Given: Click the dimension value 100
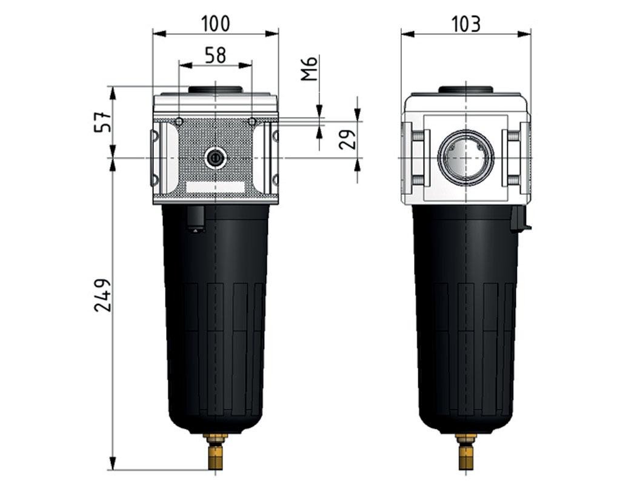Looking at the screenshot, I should pyautogui.click(x=216, y=24).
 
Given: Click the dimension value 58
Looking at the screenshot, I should pyautogui.click(x=215, y=55).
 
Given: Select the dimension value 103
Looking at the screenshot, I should pyautogui.click(x=466, y=24).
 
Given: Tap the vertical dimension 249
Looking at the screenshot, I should pyautogui.click(x=102, y=295).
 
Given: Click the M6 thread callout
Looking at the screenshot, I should pyautogui.click(x=310, y=69).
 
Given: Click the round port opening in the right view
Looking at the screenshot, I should pyautogui.click(x=465, y=158).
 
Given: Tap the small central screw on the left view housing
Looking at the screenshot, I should pyautogui.click(x=215, y=158).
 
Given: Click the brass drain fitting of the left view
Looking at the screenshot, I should pyautogui.click(x=215, y=452).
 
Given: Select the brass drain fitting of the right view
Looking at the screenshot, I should pyautogui.click(x=465, y=452).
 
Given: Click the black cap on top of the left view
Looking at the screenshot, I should pyautogui.click(x=215, y=90).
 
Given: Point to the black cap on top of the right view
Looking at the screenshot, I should pyautogui.click(x=465, y=90).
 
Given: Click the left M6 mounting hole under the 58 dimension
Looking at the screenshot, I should pyautogui.click(x=179, y=122).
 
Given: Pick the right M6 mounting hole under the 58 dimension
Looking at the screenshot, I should pyautogui.click(x=252, y=122).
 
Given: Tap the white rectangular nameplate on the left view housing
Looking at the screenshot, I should pyautogui.click(x=215, y=187).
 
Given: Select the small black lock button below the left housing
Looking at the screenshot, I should pyautogui.click(x=196, y=219).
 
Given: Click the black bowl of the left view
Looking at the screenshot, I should pyautogui.click(x=215, y=315).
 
